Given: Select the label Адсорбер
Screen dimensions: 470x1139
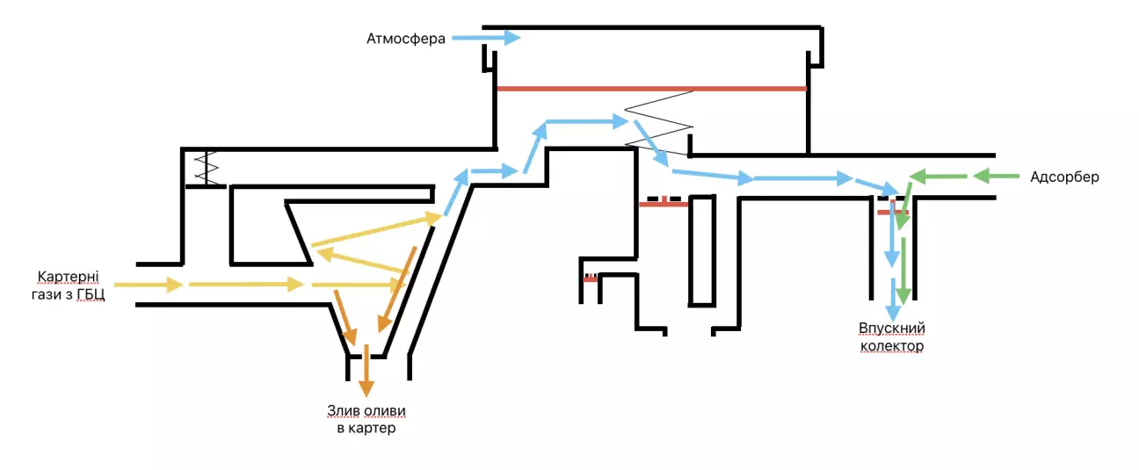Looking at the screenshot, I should pos(1064,177).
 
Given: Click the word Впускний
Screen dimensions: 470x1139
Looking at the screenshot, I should pos(892,329).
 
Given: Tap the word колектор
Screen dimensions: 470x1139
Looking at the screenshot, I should pos(892,346).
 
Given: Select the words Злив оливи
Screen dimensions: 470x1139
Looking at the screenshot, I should pos(366,411).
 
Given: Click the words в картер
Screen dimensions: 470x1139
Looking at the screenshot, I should pos(366,429).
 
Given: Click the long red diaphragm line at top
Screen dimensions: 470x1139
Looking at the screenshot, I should pos(651,89).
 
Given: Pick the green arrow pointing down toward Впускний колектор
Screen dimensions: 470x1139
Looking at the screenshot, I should pos(903,272).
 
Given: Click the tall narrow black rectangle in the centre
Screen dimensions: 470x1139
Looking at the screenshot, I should pos(701,250).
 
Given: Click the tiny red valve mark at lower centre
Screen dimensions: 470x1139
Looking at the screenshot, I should pos(590,278).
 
